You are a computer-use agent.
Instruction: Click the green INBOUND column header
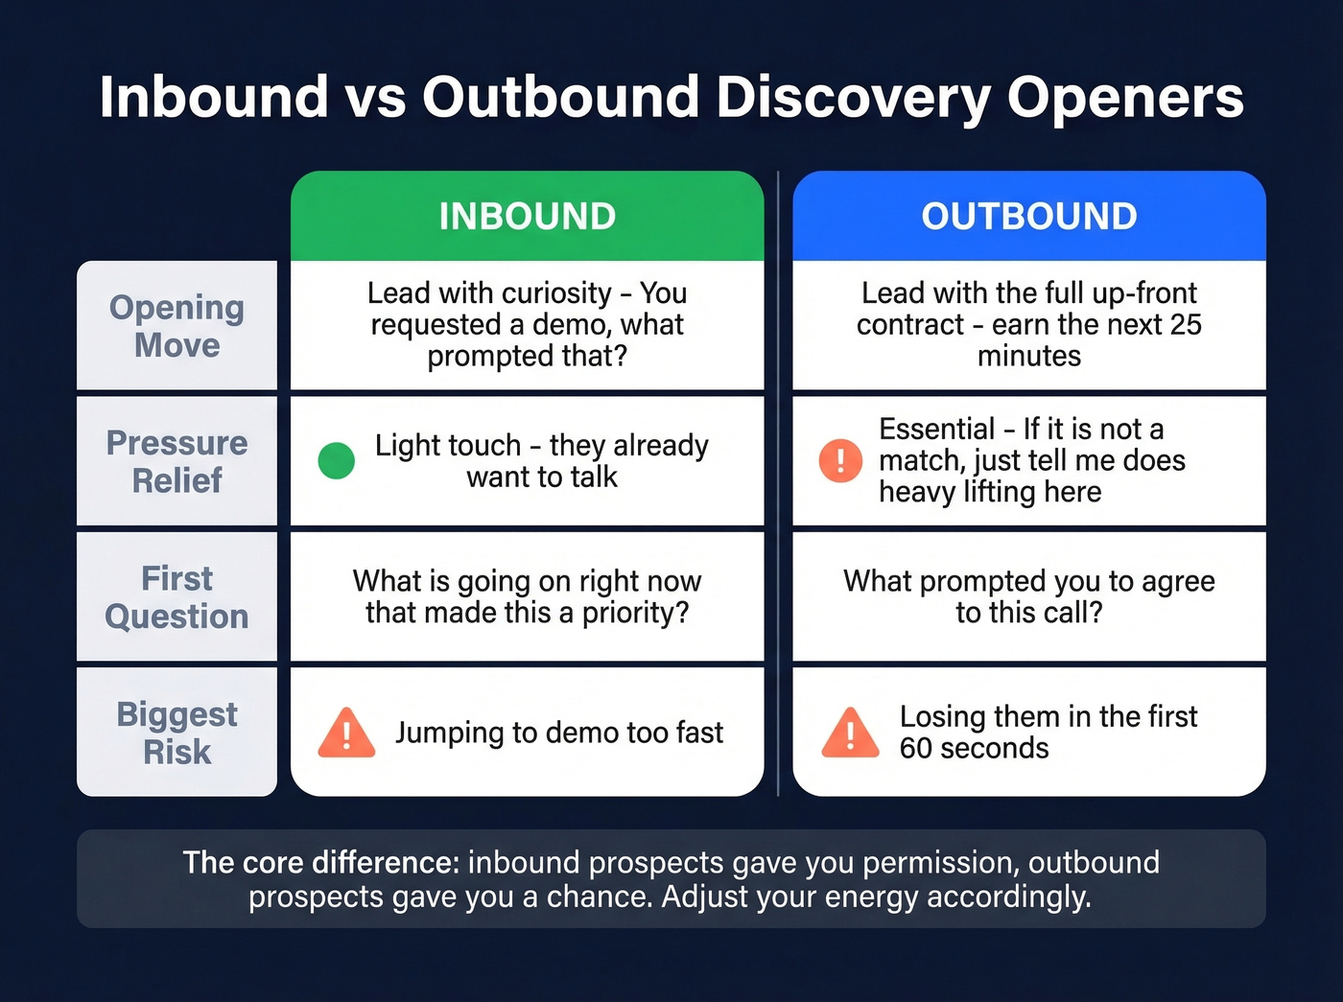click(x=527, y=217)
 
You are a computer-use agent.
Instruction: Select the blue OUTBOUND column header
click(x=1028, y=217)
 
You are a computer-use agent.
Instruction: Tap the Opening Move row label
click(x=177, y=326)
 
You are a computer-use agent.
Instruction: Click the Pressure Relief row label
click(x=177, y=461)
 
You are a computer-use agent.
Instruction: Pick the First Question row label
click(x=177, y=597)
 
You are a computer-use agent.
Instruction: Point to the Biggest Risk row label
click(x=177, y=733)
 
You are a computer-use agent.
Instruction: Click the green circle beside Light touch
click(x=336, y=461)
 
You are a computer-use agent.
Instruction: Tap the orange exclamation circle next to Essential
click(x=840, y=461)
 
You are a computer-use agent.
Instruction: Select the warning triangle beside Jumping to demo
click(x=346, y=734)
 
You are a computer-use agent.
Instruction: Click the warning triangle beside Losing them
click(x=850, y=734)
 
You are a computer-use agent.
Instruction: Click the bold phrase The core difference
click(x=321, y=863)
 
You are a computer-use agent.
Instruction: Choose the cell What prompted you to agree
click(x=1028, y=596)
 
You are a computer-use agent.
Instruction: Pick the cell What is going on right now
click(x=527, y=596)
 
